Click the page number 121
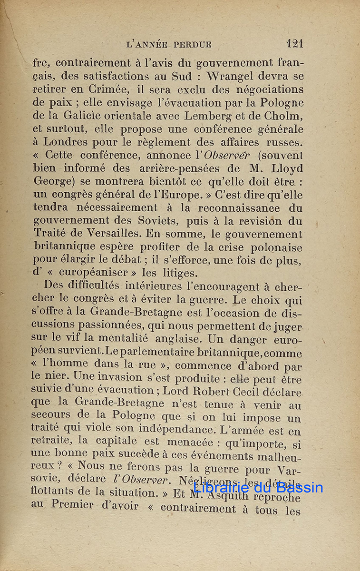(x=294, y=44)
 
